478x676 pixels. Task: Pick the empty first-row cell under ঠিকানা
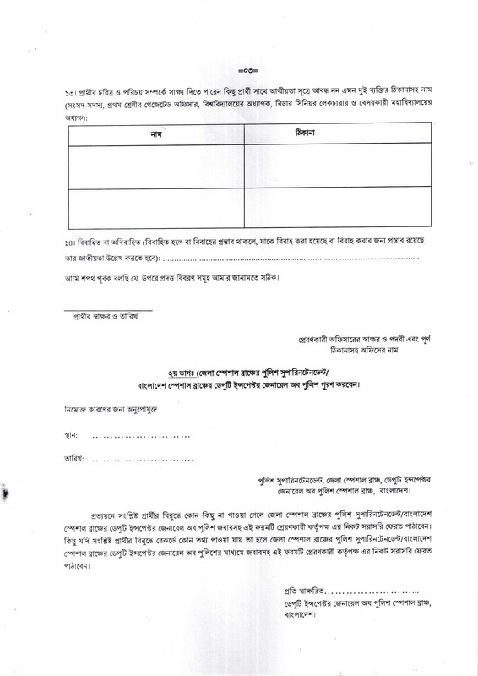325,166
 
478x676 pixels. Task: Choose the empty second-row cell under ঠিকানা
325,208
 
